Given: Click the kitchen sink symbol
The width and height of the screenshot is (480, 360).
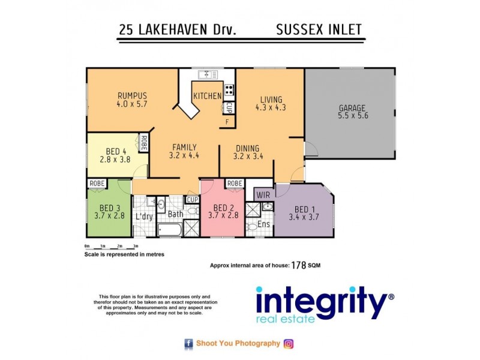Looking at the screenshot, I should click(x=208, y=74).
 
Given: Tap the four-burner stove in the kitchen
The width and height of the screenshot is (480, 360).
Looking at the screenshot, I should click(x=229, y=91).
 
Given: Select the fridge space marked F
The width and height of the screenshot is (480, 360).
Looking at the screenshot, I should click(x=227, y=122).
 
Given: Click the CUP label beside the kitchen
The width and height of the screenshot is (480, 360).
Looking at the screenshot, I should click(x=229, y=108).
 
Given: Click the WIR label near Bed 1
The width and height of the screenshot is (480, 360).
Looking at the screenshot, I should click(x=263, y=195).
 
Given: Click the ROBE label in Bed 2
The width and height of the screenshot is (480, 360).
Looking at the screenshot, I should click(x=235, y=184).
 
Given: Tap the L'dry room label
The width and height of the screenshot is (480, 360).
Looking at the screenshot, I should click(x=144, y=216).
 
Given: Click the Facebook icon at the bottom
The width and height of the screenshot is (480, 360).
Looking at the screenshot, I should click(x=188, y=344).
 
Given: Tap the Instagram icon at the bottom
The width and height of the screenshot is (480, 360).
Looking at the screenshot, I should click(x=289, y=344).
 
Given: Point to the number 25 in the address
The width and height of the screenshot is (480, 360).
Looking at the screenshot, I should click(x=126, y=31).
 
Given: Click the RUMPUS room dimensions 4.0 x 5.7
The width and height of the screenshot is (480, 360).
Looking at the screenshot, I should click(x=133, y=104).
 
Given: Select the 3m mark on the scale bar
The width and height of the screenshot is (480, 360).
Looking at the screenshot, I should click(x=136, y=247).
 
